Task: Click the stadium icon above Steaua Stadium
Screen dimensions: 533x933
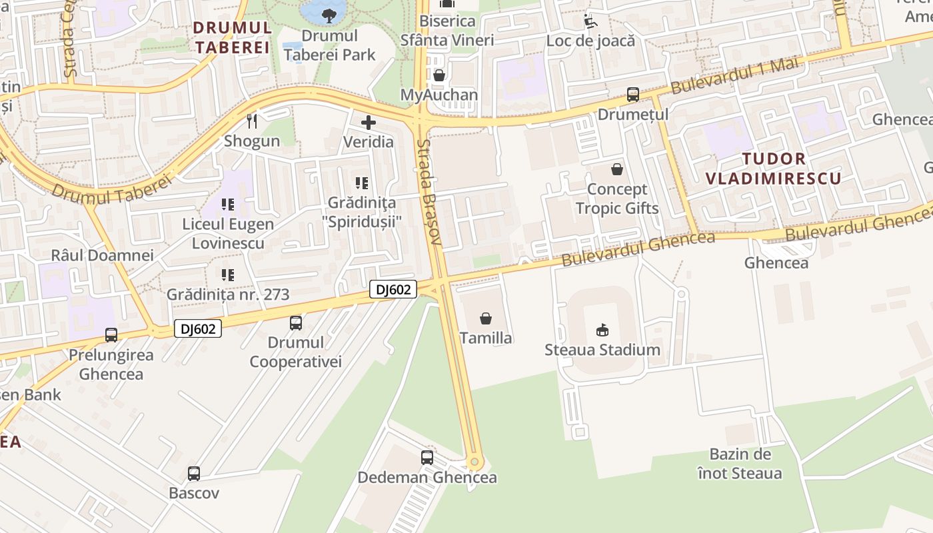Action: point(602,330)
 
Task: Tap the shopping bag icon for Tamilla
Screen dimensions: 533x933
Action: point(486,318)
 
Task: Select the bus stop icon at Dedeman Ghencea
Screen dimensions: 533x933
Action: point(427,458)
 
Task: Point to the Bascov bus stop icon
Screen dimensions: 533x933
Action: point(194,474)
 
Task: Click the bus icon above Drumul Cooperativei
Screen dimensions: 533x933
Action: point(296,323)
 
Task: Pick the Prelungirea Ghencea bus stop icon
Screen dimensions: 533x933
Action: point(111,335)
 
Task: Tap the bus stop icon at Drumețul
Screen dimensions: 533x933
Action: point(632,95)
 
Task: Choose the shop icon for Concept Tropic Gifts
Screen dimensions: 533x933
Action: point(617,169)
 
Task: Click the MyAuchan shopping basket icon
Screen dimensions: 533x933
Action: point(439,75)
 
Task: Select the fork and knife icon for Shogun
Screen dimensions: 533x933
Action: point(252,121)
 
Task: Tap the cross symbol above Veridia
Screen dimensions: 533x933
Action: point(368,123)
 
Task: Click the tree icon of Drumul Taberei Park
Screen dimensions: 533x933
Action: point(328,15)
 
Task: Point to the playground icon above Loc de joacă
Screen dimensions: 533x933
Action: point(590,21)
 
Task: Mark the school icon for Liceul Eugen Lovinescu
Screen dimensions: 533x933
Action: point(228,205)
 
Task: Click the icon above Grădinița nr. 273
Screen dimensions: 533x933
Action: point(228,274)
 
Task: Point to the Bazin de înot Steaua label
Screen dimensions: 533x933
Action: point(740,464)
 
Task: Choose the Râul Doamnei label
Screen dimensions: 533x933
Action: point(102,255)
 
